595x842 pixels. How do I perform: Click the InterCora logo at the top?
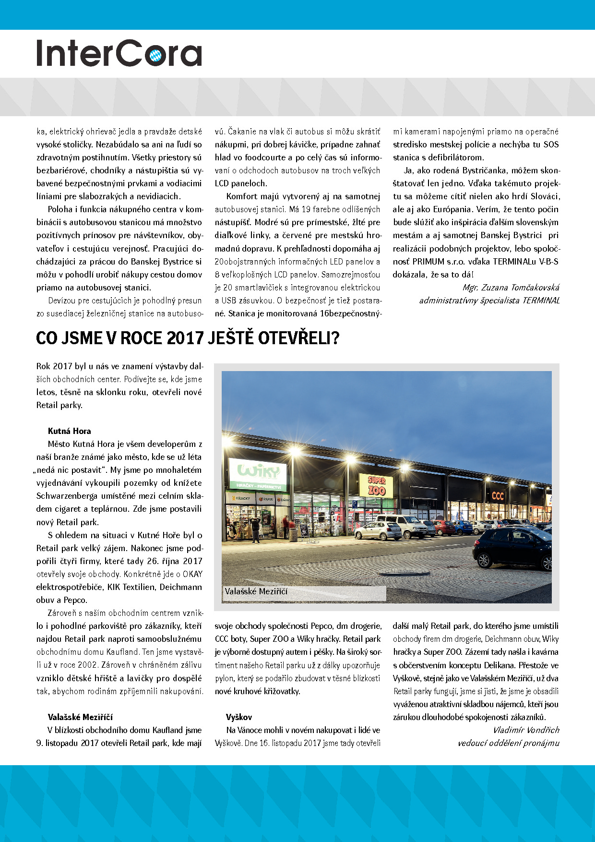(119, 53)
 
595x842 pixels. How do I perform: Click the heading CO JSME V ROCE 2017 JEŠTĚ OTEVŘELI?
(188, 338)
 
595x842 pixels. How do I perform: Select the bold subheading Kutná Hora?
(69, 431)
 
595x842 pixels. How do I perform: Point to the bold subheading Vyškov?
(238, 717)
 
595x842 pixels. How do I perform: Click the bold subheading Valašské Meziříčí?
(80, 717)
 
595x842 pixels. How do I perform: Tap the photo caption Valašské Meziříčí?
(256, 592)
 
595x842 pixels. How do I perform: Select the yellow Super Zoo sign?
(376, 485)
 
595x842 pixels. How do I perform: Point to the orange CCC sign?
(498, 495)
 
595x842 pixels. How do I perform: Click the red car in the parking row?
(444, 528)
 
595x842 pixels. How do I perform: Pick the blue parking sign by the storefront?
(354, 505)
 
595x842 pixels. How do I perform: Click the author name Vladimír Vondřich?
(526, 730)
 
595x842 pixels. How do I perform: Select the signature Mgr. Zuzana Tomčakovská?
(511, 288)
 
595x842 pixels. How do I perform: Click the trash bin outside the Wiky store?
(292, 534)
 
